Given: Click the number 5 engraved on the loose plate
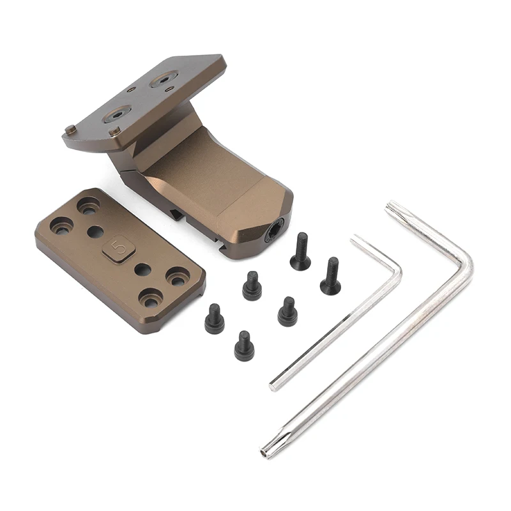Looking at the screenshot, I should click(x=118, y=247).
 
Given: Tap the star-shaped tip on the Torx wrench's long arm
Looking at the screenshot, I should click(x=265, y=453).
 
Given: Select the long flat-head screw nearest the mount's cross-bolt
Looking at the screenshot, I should click(x=300, y=251).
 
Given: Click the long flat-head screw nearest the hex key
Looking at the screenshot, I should click(x=331, y=276).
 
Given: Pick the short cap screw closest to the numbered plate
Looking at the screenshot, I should click(x=214, y=317).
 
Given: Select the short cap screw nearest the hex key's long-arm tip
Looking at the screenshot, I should click(x=244, y=346).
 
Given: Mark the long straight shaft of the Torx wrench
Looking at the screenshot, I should click(x=370, y=358).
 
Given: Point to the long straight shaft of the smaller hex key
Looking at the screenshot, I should click(x=332, y=329).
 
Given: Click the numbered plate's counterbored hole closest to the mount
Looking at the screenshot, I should click(x=88, y=205).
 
